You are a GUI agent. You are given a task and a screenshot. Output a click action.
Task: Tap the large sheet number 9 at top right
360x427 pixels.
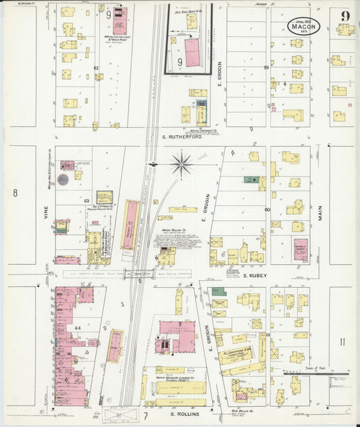tap(345, 16)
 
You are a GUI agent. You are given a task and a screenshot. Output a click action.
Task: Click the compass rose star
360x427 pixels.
tap(181, 163)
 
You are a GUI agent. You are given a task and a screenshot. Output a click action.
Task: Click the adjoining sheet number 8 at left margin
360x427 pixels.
tap(15, 193)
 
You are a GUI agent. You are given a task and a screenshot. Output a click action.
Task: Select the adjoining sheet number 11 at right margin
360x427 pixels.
tap(342, 342)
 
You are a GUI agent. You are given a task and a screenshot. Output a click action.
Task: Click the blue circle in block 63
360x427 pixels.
tap(63, 180)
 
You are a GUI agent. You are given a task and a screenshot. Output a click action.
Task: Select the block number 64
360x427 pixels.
tap(78, 328)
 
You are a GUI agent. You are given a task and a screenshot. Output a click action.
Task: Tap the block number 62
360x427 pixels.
tap(96, 68)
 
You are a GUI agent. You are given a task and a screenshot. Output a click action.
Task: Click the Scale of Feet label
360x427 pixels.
tap(316, 368)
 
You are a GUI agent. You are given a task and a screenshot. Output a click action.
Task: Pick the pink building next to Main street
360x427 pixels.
tap(301, 249)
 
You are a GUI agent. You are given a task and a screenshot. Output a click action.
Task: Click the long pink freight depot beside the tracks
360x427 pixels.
tap(130, 222)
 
